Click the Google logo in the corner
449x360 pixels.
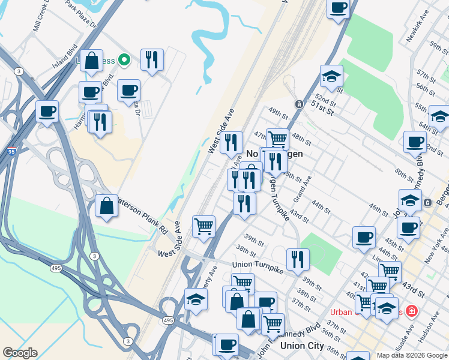20,353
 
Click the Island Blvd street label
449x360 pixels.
65,55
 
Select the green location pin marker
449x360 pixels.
124,59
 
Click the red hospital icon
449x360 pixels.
411,311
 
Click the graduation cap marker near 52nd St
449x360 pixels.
331,76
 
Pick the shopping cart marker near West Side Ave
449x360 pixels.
203,226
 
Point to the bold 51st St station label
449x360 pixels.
322,104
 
